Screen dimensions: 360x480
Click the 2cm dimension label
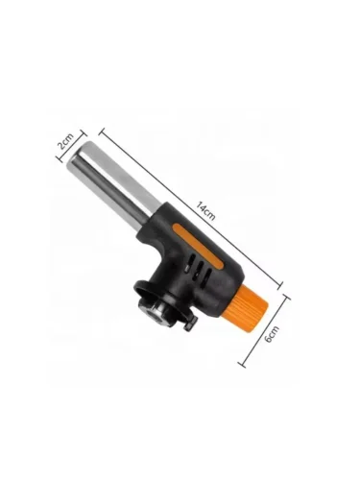point(64,141)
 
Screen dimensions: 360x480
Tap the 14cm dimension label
point(205,210)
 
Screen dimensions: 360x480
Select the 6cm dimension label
point(273,334)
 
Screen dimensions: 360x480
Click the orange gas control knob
point(252,304)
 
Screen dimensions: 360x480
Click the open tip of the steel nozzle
point(79,157)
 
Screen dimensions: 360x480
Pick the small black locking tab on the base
point(190,324)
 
